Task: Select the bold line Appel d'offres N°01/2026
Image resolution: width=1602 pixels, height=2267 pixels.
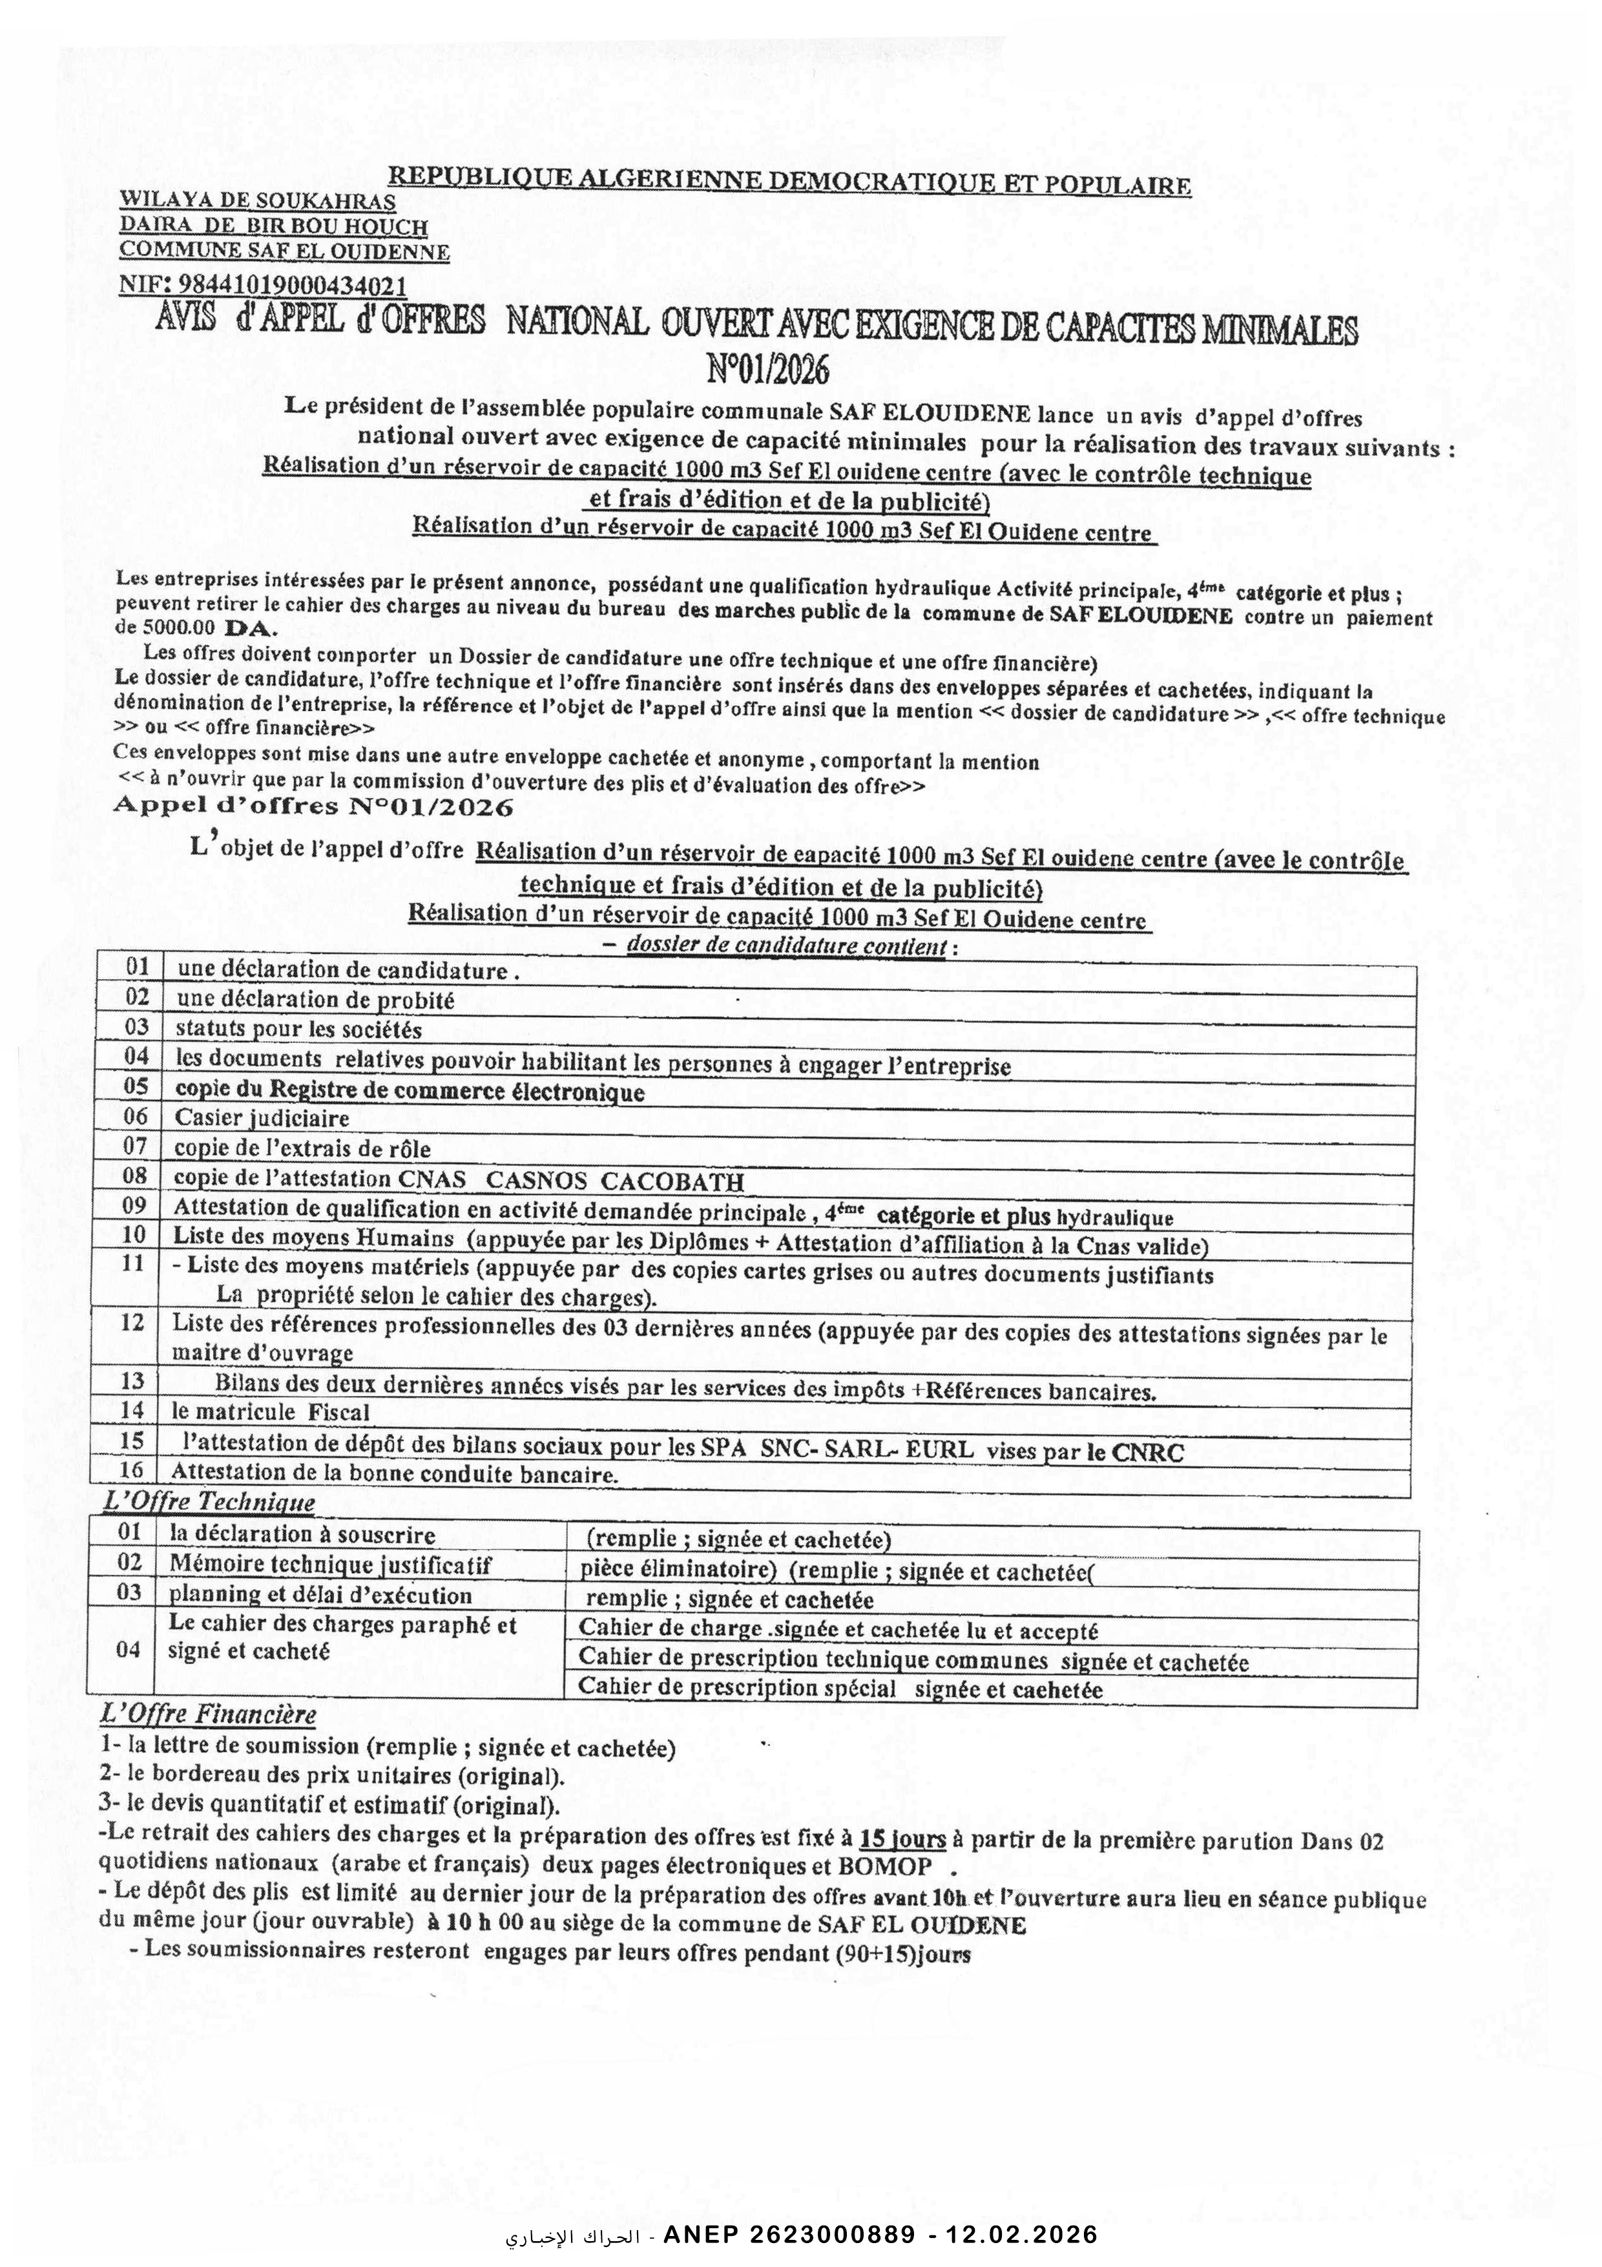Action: [x=314, y=806]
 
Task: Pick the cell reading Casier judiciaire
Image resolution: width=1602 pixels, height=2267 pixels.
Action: [x=262, y=1118]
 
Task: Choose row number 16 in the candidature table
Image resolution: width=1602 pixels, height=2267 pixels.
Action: [x=130, y=1470]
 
